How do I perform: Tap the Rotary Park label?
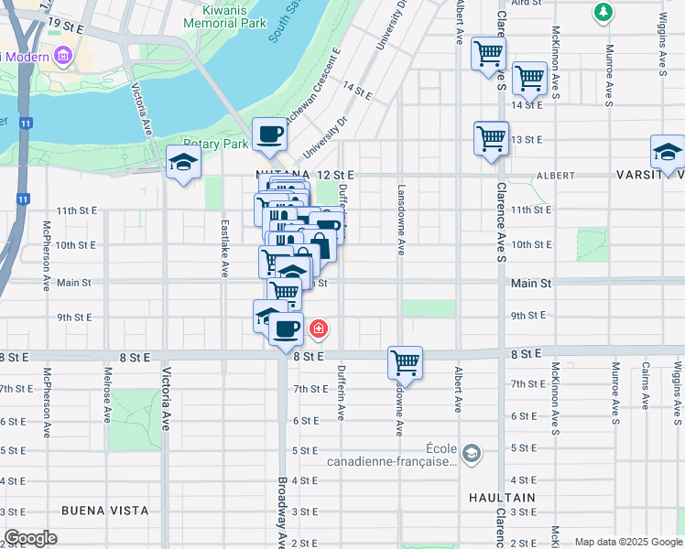[216, 145]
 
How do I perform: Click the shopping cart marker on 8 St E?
[405, 362]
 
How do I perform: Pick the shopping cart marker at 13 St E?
[491, 139]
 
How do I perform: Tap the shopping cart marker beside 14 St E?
[529, 79]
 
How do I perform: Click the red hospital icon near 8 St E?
[319, 328]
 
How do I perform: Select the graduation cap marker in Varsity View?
[668, 152]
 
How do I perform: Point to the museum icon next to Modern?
[63, 57]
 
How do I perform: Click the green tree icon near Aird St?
[603, 12]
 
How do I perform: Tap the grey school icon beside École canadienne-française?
[471, 454]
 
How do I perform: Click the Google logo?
[30, 538]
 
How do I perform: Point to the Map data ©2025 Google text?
[627, 542]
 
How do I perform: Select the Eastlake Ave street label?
[224, 247]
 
